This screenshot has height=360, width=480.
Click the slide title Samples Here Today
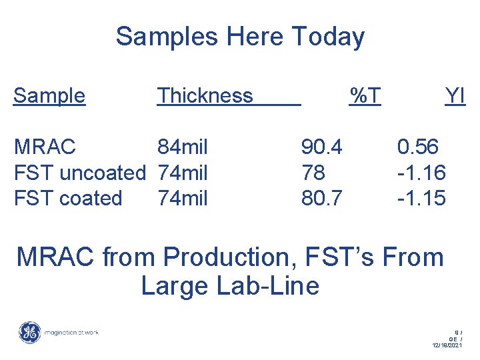coord(240,37)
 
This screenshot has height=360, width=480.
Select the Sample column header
coord(49,96)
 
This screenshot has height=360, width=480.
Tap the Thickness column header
coord(205,96)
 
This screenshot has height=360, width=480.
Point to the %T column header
coord(365,96)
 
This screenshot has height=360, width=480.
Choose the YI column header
coord(455,96)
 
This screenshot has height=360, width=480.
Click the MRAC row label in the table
coord(45,147)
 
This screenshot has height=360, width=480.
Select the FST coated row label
coord(68,199)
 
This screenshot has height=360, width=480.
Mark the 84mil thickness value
coord(183,147)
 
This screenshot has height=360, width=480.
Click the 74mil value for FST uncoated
coord(183,173)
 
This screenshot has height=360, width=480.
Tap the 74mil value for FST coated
coord(183,199)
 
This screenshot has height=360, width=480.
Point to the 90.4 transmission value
coord(322,147)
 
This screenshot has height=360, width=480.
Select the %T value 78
coord(313,173)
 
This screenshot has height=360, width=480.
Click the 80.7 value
coord(322,199)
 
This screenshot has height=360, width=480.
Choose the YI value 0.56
coord(418,147)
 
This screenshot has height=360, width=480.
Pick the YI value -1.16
coord(421,173)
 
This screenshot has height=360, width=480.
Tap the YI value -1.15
coord(421,199)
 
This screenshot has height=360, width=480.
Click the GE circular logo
coord(29,332)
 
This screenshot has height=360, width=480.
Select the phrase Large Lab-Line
coord(230,286)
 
